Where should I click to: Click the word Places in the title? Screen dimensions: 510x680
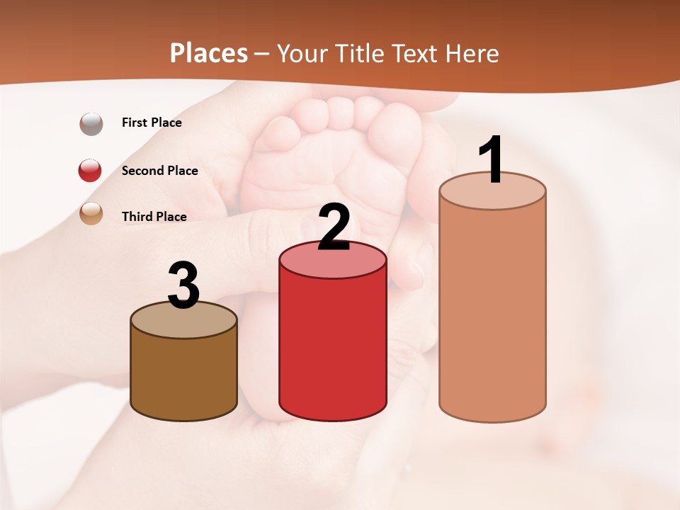coord(209,53)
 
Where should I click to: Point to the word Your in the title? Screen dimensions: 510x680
coord(300,53)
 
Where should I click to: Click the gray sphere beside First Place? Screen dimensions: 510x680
coord(91,124)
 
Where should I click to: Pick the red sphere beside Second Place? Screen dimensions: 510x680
coord(90,170)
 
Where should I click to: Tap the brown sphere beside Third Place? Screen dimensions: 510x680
coord(91,213)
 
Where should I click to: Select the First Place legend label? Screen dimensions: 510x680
coord(152,123)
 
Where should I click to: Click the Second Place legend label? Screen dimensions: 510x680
coord(159,171)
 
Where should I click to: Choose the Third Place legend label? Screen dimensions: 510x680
coord(154,217)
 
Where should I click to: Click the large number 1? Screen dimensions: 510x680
coord(492,160)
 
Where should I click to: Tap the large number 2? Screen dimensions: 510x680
coord(334,227)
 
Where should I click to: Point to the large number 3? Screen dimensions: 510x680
coord(184,286)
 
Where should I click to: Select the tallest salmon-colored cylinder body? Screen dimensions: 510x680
coord(492,312)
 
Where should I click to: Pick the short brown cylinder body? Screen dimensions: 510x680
coord(184,375)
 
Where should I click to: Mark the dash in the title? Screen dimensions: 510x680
coord(261,55)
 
